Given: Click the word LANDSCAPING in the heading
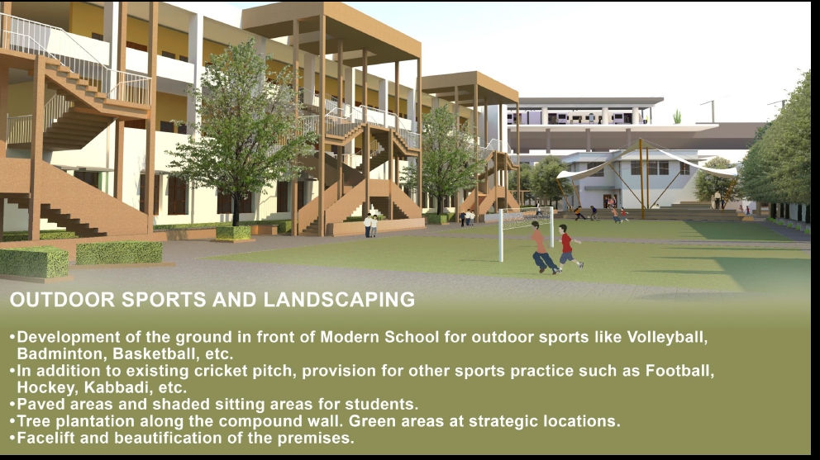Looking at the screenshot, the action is pyautogui.click(x=339, y=300).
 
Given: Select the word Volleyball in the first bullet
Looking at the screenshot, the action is pyautogui.click(x=667, y=337).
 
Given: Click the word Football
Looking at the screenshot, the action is pyautogui.click(x=679, y=371).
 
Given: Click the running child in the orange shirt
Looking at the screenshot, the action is pyautogui.click(x=541, y=249).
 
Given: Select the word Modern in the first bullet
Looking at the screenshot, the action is pyautogui.click(x=350, y=337).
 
